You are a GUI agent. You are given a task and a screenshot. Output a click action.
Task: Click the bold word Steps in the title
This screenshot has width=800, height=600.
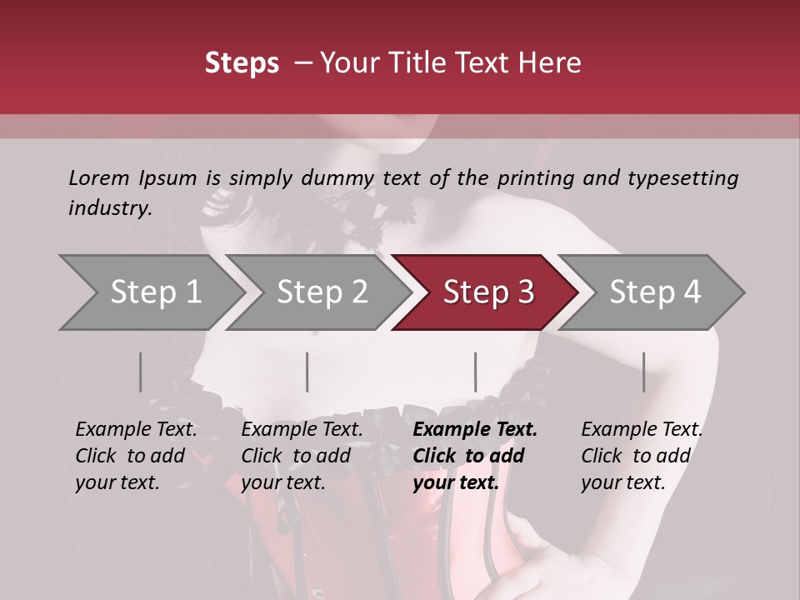(242, 63)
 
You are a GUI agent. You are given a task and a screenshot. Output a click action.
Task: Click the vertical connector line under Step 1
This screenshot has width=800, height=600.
(140, 372)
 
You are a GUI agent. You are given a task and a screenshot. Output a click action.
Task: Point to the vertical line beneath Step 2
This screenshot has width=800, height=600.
(307, 372)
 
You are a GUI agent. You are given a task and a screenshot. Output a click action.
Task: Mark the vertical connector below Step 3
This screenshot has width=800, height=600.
(475, 372)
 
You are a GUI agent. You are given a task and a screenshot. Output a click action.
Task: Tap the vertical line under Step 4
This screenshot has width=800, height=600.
(643, 372)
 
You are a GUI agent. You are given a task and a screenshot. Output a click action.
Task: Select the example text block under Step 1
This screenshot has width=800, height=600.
(136, 456)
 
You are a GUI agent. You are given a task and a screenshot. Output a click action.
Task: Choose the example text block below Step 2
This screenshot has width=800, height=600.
(302, 456)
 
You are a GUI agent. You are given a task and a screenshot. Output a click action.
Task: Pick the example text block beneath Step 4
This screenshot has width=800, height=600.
(642, 456)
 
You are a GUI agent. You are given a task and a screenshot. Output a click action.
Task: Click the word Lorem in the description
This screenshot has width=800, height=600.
(98, 177)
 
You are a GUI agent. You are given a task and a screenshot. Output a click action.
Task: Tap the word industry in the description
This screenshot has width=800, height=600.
(110, 207)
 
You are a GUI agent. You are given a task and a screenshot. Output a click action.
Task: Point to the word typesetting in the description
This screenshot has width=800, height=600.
(687, 177)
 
